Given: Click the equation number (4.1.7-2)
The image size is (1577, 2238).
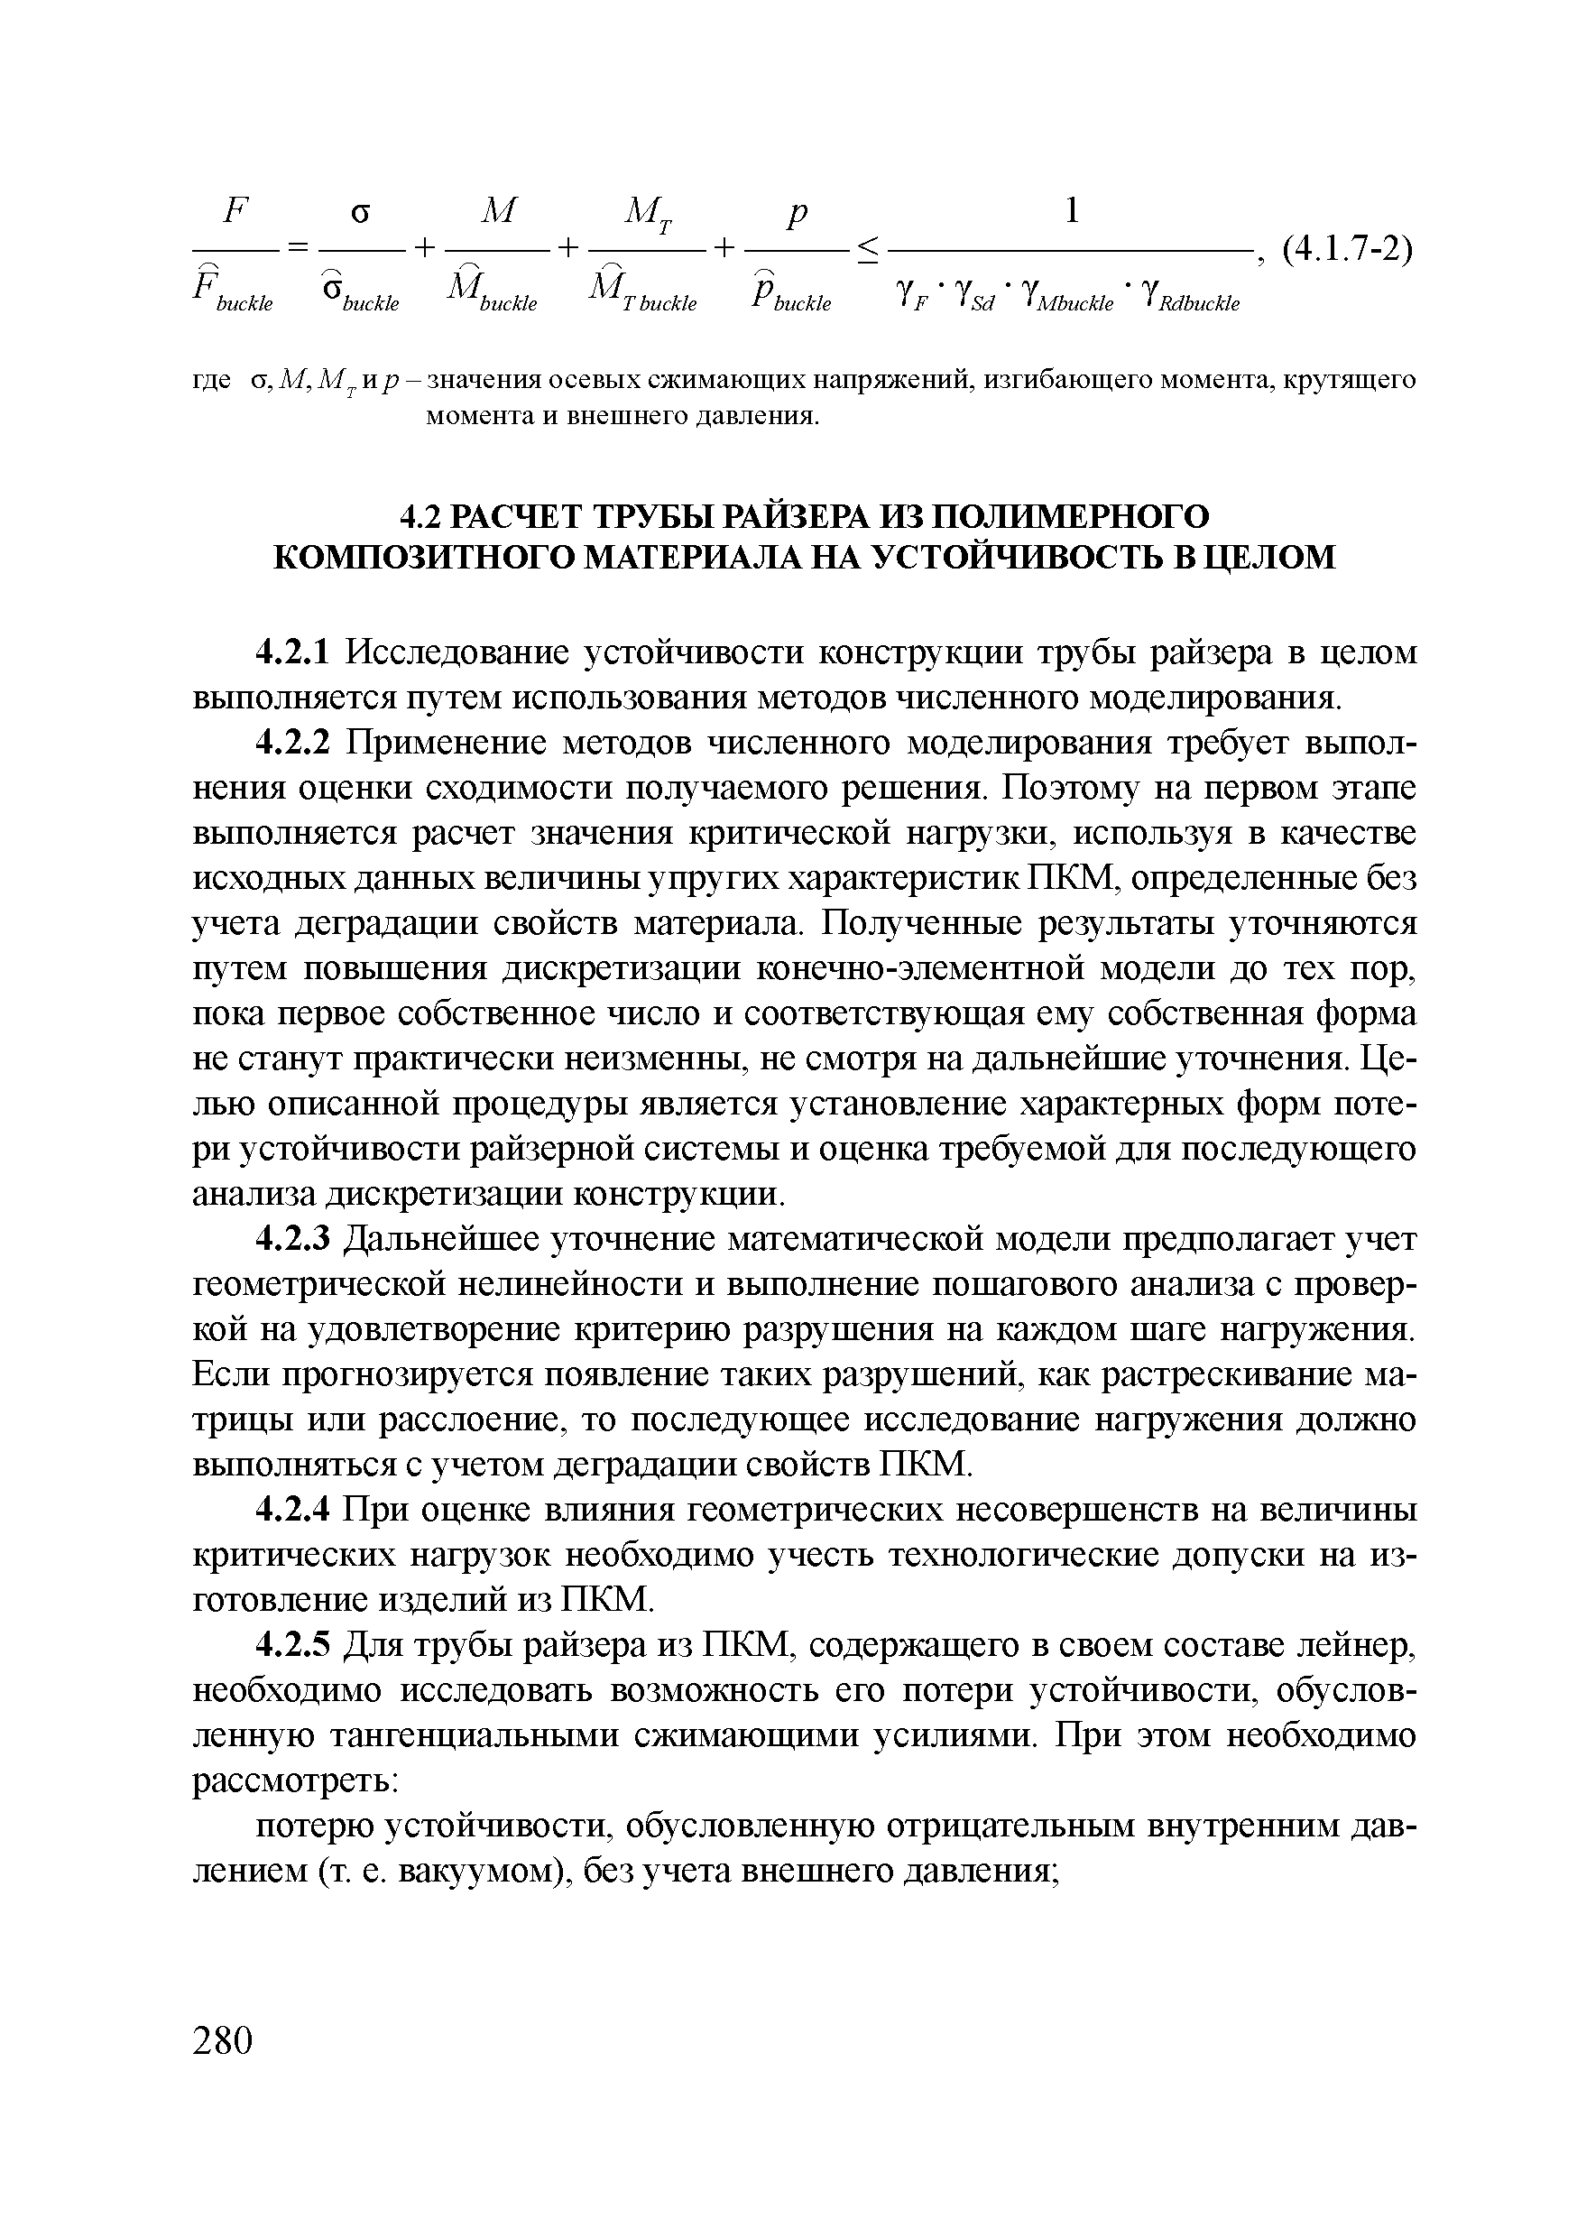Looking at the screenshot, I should pyautogui.click(x=1346, y=251).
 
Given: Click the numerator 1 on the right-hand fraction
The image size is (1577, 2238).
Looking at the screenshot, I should pyautogui.click(x=1071, y=210).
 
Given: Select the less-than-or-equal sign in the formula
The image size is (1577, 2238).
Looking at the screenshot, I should pyautogui.click(x=866, y=252).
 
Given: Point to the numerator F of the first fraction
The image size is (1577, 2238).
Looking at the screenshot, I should pyautogui.click(x=235, y=209).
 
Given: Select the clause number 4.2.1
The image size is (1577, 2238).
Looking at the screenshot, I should pyautogui.click(x=295, y=652).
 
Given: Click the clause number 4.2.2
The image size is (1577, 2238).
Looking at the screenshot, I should pyautogui.click(x=295, y=742).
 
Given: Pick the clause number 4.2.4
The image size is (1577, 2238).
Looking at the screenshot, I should pyautogui.click(x=295, y=1510).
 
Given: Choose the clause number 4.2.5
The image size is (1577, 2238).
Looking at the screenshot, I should pyautogui.click(x=295, y=1645).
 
